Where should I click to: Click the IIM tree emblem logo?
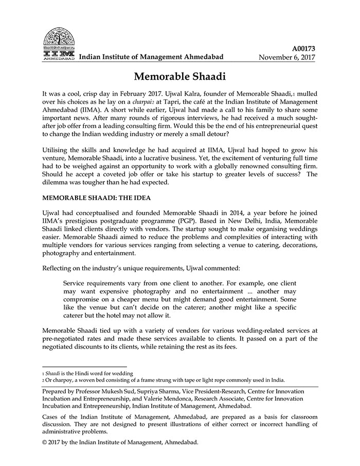[58, 42]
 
